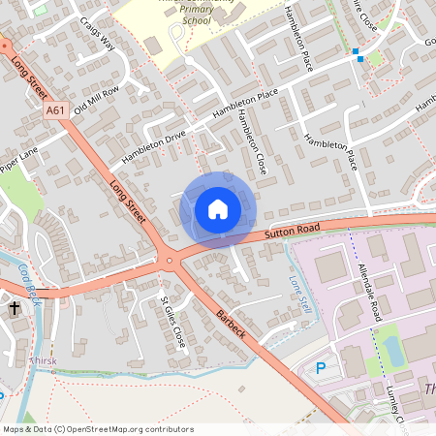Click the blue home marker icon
(218, 209)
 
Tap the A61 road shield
(56, 111)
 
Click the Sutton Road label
(291, 233)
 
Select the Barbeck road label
(232, 325)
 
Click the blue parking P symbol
(322, 368)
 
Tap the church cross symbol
(15, 309)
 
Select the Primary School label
(195, 19)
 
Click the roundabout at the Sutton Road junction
(170, 260)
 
